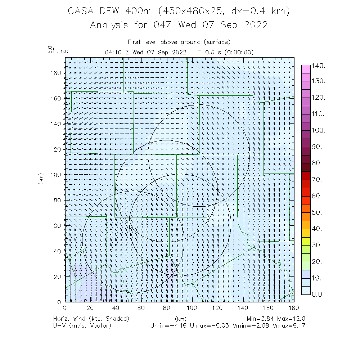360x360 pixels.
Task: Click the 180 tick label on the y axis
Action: [57, 73]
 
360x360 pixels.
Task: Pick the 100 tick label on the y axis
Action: [57, 175]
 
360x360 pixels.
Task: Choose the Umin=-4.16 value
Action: [168, 325]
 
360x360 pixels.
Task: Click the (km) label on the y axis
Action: [41, 179]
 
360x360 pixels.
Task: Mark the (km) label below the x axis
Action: [180, 319]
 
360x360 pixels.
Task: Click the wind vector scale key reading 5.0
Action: [64, 51]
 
